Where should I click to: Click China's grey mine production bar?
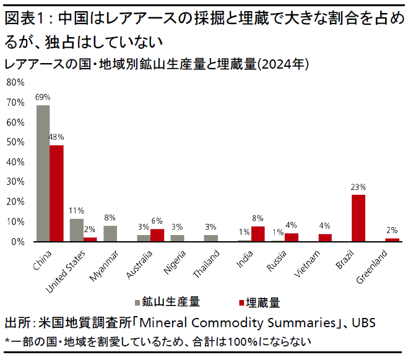coord(43,173)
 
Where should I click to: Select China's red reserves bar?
coord(56,193)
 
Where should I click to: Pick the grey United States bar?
coord(76,229)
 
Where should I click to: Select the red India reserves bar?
coord(258,234)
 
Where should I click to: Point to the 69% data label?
coord(43,98)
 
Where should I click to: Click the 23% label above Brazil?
coord(358,187)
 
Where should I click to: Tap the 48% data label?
coord(56,137)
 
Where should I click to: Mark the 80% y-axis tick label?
coord(15,82)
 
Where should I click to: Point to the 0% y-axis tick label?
coord(18,241)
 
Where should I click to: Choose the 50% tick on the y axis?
coord(15,142)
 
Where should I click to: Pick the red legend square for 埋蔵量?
coord(241,303)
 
